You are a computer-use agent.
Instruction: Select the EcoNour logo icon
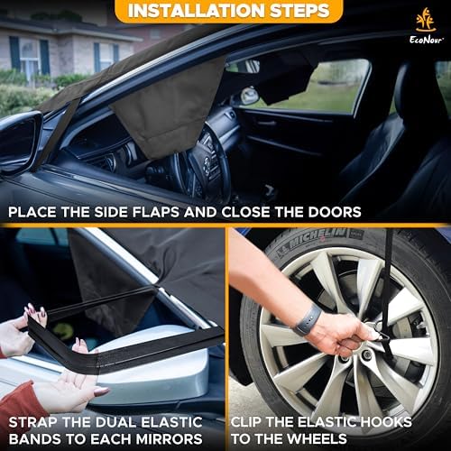[x=426, y=20]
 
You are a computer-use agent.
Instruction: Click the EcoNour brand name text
[x=426, y=40]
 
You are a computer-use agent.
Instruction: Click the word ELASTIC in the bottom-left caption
[x=171, y=422]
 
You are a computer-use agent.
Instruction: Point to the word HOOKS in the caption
[x=386, y=422]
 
